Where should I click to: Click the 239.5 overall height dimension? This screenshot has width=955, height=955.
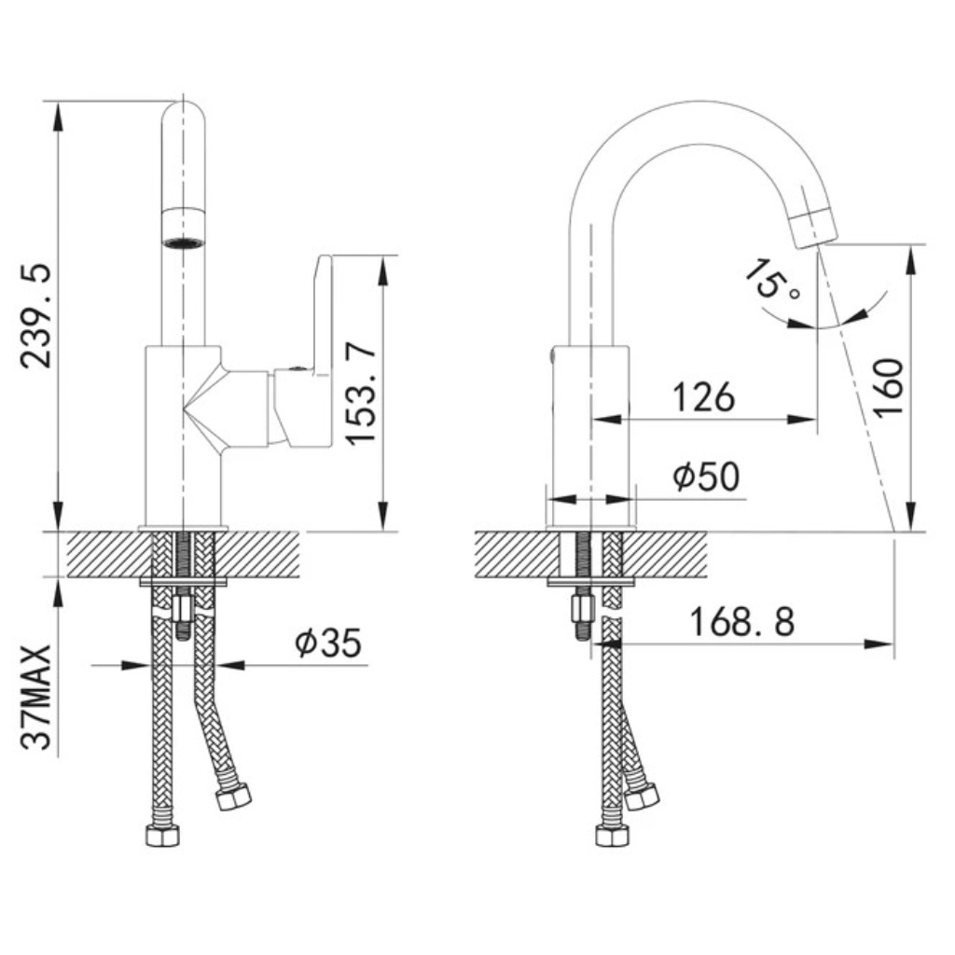click(35, 315)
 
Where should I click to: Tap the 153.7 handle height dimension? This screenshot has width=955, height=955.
click(361, 393)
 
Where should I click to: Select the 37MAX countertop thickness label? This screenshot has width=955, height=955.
click(35, 697)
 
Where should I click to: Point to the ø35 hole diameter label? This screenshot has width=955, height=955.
click(328, 643)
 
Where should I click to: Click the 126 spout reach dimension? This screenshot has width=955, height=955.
click(703, 396)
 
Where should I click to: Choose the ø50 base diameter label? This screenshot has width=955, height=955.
click(707, 476)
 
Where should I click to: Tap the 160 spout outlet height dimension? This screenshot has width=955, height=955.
click(888, 387)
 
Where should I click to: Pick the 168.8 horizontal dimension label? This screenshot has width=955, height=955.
click(741, 622)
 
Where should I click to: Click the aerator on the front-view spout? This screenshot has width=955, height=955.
click(184, 228)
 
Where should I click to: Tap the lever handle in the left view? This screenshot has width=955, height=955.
click(303, 351)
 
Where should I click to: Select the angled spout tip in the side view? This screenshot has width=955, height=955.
click(813, 227)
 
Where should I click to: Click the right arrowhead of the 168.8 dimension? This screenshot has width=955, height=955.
click(879, 644)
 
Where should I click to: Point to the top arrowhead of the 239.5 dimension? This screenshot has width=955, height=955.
click(58, 116)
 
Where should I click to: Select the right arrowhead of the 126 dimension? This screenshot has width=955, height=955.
click(801, 419)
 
